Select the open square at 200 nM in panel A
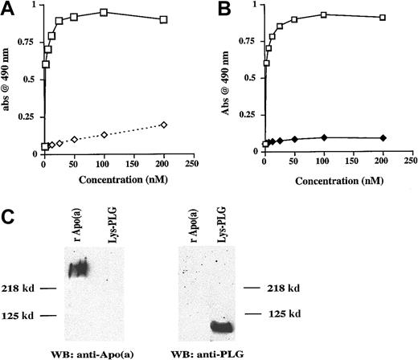(x=164, y=18)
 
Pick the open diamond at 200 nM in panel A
(x=164, y=125)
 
